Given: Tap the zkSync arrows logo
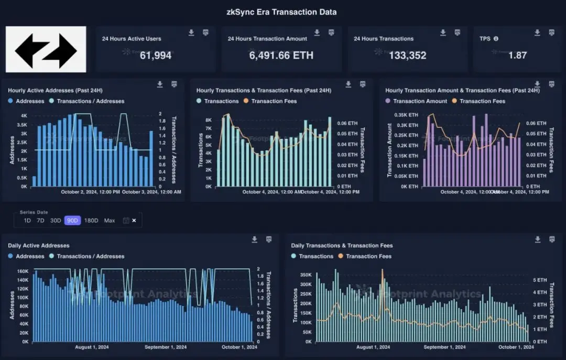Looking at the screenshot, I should [x=46, y=49].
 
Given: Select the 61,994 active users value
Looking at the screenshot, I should [x=156, y=55].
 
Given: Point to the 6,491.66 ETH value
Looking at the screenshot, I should [x=281, y=55].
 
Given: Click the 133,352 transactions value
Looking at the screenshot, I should [x=407, y=55].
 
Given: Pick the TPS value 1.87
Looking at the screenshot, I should [x=517, y=55].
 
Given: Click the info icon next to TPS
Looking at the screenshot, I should [x=496, y=39].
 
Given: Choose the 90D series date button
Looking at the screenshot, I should [x=72, y=221].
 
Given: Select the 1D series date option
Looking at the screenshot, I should [x=27, y=221].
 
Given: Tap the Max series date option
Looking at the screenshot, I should [x=110, y=221].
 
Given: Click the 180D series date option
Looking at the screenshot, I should [x=91, y=221].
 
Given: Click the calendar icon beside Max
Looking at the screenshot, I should [x=125, y=221].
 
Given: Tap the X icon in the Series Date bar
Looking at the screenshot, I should [x=134, y=221].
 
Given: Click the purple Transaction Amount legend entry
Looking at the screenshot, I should [x=417, y=101].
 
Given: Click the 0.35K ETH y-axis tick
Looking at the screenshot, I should [x=406, y=115].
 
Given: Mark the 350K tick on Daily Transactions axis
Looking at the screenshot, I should [x=305, y=275].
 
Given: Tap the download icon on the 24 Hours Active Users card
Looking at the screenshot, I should [x=191, y=32].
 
